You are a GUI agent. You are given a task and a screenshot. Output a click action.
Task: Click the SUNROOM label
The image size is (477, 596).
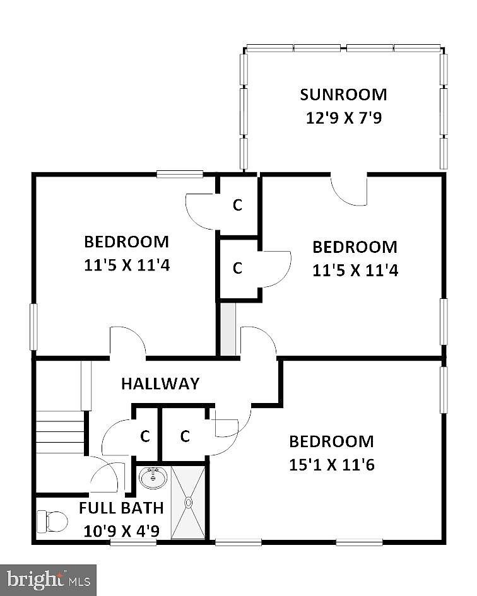(x=343, y=95)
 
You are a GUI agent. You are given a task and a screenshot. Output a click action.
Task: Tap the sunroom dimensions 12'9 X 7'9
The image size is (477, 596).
(x=344, y=118)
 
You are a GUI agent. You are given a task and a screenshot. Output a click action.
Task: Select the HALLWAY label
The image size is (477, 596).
(x=160, y=383)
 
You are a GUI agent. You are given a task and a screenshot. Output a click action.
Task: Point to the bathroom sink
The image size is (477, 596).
(x=153, y=478)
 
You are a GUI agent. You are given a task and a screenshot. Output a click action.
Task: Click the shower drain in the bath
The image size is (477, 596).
(x=188, y=503)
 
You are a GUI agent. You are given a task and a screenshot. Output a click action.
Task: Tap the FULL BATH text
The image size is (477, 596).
(x=121, y=508)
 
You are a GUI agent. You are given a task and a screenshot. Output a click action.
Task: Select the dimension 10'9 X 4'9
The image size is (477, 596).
(x=121, y=531)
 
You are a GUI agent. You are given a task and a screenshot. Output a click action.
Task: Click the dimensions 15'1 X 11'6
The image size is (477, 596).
(x=332, y=465)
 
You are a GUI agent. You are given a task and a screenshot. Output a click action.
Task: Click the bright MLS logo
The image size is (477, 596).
(x=48, y=580)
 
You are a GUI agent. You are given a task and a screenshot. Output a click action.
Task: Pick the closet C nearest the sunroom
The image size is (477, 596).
(x=237, y=205)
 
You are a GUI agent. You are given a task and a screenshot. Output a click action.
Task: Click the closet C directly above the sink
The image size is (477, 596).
(x=145, y=436)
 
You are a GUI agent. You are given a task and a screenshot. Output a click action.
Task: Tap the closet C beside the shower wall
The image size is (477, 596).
(x=185, y=436)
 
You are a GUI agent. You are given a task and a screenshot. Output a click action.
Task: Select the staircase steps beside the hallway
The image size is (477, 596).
(x=60, y=432)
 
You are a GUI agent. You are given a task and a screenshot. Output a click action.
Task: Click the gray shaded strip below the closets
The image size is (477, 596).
(x=228, y=329)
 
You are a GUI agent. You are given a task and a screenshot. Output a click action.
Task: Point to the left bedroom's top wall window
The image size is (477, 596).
(x=180, y=174)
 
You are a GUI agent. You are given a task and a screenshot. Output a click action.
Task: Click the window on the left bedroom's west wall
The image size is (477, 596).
(x=33, y=327)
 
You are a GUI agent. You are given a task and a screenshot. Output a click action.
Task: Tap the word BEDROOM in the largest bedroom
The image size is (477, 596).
(x=331, y=441)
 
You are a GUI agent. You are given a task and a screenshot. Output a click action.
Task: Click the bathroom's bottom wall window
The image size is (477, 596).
(x=133, y=543)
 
